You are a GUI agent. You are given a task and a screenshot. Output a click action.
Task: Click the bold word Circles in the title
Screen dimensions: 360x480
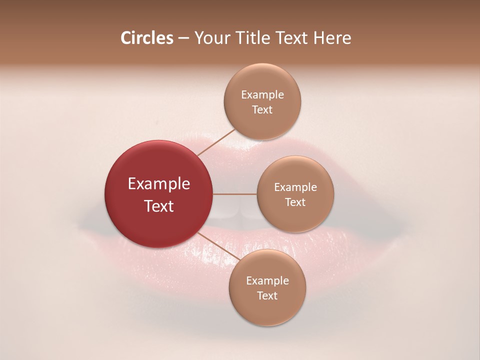coord(147,38)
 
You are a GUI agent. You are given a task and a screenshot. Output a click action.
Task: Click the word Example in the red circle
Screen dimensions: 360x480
coord(159,184)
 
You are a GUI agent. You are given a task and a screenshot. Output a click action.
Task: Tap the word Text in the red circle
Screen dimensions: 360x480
coord(159,206)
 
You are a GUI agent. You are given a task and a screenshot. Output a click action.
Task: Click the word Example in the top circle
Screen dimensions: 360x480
coord(262,95)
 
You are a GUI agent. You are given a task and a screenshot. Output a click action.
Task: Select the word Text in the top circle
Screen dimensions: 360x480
coord(262,110)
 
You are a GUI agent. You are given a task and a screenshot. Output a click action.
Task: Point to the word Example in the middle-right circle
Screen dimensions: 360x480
coord(295,187)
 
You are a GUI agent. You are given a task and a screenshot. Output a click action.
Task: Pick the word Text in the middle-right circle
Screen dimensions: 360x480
coord(295,202)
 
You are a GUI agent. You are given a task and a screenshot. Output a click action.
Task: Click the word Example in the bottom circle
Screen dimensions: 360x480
coord(267,281)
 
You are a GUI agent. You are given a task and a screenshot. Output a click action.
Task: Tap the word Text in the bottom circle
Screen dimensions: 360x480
coord(267,296)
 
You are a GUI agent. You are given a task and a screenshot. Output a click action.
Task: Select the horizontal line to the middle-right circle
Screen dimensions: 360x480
coord(235,194)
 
